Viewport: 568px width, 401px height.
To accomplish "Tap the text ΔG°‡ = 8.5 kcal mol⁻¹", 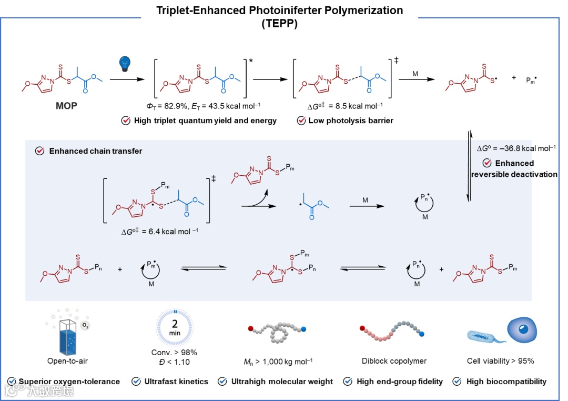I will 341,106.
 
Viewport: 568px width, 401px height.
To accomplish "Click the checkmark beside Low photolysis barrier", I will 301,121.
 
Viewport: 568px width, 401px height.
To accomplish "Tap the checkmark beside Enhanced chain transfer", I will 39,151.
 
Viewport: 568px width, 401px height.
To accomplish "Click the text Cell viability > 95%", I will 501,361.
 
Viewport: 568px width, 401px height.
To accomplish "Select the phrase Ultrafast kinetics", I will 176,382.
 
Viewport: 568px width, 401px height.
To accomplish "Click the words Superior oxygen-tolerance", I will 69,382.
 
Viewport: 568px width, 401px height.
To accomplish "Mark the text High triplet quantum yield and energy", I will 205,121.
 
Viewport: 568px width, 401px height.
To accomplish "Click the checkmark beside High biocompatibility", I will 457,382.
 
